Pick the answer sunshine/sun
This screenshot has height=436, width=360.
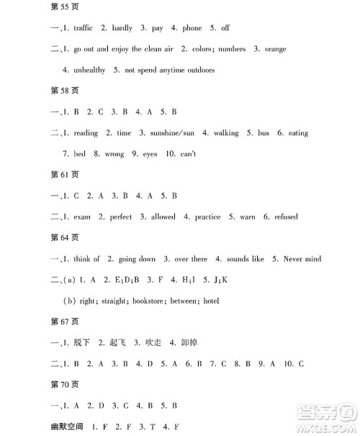coord(171,133)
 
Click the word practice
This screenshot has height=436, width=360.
coord(207,217)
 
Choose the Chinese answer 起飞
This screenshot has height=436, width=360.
coord(120,342)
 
